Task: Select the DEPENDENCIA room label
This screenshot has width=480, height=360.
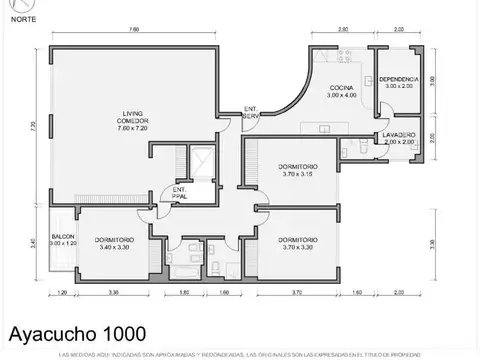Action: click(x=399, y=81)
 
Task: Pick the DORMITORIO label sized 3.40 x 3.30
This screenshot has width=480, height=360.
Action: click(x=115, y=243)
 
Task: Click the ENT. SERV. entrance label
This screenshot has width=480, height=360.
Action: click(x=250, y=112)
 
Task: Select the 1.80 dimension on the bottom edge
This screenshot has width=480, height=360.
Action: click(x=185, y=292)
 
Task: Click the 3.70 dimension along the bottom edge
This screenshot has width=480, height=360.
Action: click(x=297, y=292)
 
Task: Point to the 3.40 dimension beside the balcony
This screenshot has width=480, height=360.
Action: click(x=32, y=242)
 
